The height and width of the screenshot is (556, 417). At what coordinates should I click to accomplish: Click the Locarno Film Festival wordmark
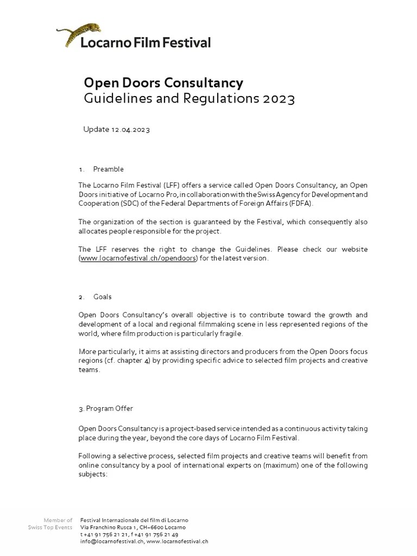point(146,42)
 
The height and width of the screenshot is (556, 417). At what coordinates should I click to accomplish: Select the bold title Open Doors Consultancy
point(163,83)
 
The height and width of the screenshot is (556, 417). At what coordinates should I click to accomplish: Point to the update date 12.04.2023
point(130,129)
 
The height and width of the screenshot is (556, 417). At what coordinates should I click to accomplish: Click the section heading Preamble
point(109,169)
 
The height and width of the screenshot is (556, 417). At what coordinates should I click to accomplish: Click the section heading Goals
point(103,297)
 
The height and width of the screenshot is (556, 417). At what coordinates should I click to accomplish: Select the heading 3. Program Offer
point(105,408)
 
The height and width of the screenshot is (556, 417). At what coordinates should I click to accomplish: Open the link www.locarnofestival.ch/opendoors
point(138,258)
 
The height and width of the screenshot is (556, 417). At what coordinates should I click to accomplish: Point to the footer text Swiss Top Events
point(50,527)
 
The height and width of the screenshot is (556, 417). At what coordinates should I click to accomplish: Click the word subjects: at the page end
point(93,474)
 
